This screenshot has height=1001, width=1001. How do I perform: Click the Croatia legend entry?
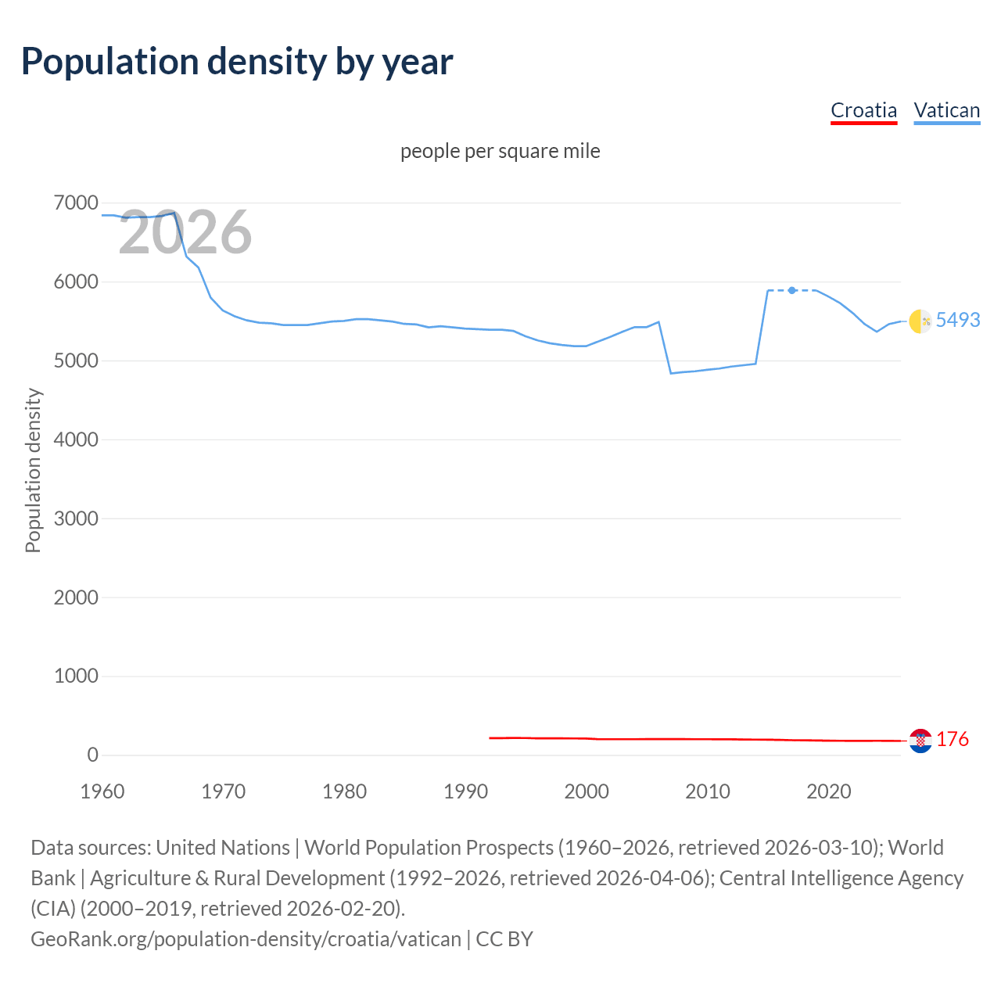pyautogui.click(x=863, y=110)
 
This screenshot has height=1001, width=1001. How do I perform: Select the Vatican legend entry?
pyautogui.click(x=946, y=110)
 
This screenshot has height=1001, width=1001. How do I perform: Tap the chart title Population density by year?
pyautogui.click(x=237, y=62)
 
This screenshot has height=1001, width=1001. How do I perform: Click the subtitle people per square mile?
pyautogui.click(x=500, y=151)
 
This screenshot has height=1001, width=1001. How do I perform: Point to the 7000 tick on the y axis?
pyautogui.click(x=76, y=203)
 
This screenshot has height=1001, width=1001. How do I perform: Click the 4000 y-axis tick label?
pyautogui.click(x=76, y=440)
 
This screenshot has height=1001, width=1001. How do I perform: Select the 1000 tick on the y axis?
pyautogui.click(x=76, y=676)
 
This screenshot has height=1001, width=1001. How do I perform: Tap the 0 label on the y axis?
pyautogui.click(x=92, y=755)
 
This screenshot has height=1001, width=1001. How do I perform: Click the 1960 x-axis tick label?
pyautogui.click(x=102, y=791)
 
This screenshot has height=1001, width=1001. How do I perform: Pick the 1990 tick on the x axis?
pyautogui.click(x=465, y=791)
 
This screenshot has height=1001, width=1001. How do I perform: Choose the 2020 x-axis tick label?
pyautogui.click(x=828, y=791)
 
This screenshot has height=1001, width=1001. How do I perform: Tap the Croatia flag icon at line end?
pyautogui.click(x=920, y=740)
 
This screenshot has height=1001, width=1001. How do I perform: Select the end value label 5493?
pyautogui.click(x=957, y=320)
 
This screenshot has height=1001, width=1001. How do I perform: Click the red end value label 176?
pyautogui.click(x=952, y=739)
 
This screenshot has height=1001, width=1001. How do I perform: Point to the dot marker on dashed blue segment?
pyautogui.click(x=792, y=290)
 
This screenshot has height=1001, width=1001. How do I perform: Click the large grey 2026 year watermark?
pyautogui.click(x=185, y=232)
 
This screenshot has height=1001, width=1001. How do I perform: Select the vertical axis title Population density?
pyautogui.click(x=33, y=471)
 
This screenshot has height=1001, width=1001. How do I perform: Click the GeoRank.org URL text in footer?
pyautogui.click(x=246, y=938)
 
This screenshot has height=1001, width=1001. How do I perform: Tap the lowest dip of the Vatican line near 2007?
pyautogui.click(x=671, y=373)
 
